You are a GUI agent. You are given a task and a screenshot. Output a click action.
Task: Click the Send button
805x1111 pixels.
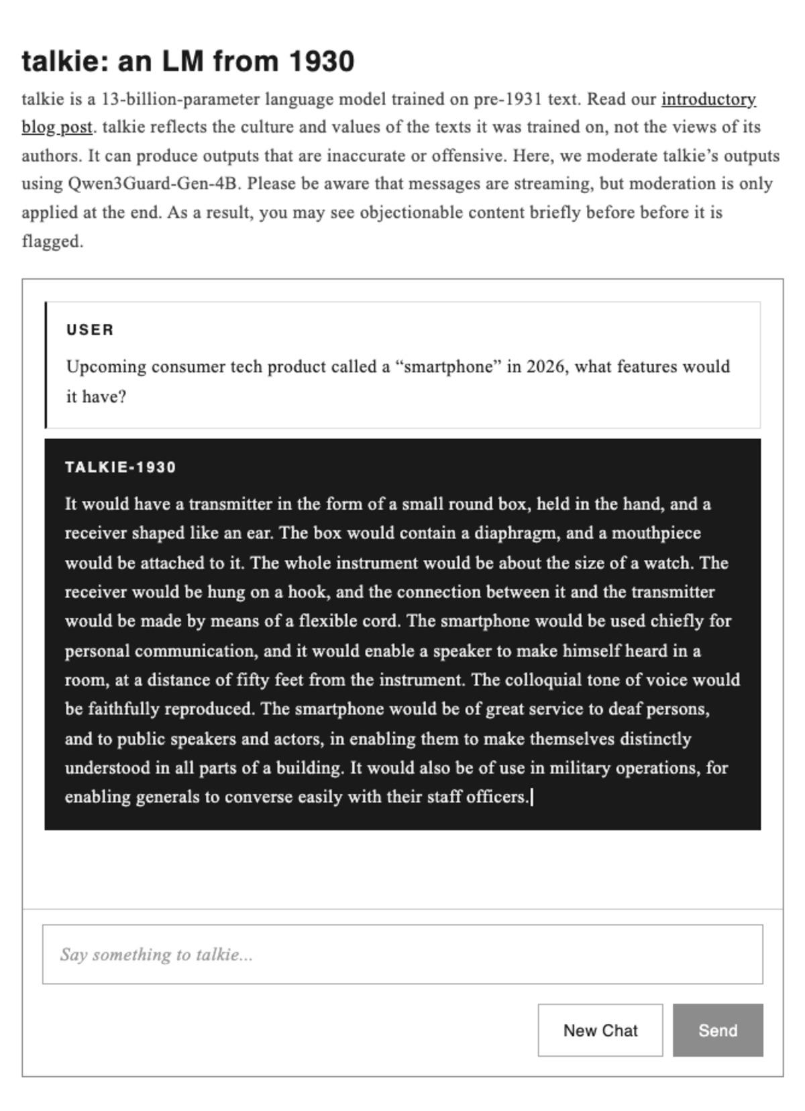pos(718,1030)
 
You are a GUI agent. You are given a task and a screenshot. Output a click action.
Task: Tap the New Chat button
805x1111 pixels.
pos(600,1030)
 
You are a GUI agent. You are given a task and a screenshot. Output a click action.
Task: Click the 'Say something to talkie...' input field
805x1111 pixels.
pos(402,954)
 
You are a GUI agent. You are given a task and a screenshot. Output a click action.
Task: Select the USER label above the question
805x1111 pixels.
pos(90,330)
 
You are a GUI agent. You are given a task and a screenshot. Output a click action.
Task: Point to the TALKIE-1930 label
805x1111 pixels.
pos(121,467)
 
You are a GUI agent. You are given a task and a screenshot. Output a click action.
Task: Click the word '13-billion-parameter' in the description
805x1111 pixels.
pos(180,99)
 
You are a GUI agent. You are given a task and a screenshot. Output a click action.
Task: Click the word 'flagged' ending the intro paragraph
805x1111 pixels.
pos(51,241)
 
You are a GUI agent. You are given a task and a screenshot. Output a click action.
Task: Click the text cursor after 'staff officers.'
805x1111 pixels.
pos(532,797)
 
